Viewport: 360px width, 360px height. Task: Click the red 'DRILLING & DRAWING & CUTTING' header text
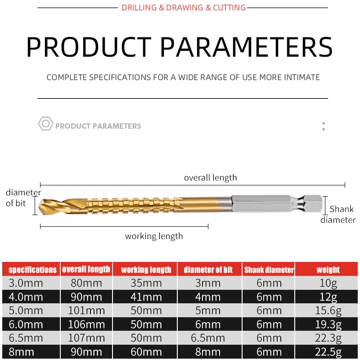pyautogui.click(x=184, y=8)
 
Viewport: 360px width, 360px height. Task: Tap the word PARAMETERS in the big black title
pyautogui.click(x=246, y=47)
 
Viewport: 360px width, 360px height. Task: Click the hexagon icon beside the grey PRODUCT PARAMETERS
pyautogui.click(x=45, y=124)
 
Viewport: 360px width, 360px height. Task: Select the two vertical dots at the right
pyautogui.click(x=324, y=126)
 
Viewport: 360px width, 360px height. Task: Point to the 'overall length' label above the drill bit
pyautogui.click(x=210, y=178)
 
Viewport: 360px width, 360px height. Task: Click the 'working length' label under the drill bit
pyautogui.click(x=154, y=236)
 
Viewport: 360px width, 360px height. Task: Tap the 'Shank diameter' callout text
pyautogui.click(x=338, y=215)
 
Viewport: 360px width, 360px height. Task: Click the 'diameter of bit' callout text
pyautogui.click(x=23, y=198)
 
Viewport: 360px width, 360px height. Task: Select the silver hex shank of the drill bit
pyautogui.click(x=277, y=204)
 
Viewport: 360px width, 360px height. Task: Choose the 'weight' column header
pyautogui.click(x=328, y=270)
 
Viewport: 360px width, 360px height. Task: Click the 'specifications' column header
pyautogui.click(x=32, y=270)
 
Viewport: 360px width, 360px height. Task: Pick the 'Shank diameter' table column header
pyautogui.click(x=269, y=270)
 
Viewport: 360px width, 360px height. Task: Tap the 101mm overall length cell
pyautogui.click(x=86, y=310)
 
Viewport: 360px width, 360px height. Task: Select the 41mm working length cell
pyautogui.click(x=146, y=297)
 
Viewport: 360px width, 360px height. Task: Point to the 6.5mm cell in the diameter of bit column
pyautogui.click(x=208, y=338)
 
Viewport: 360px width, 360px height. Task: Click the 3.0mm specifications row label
pyautogui.click(x=26, y=283)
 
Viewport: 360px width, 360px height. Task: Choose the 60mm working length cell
pyautogui.click(x=146, y=352)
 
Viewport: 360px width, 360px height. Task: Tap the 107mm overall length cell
pyautogui.click(x=86, y=338)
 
